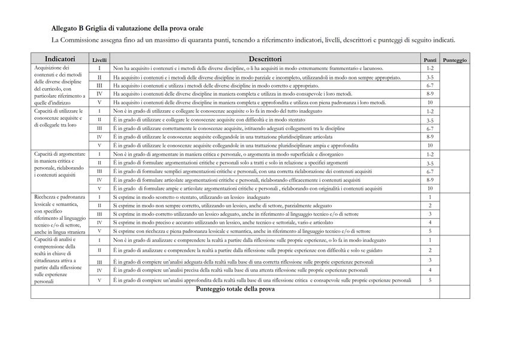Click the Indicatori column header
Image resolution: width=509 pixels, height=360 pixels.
59,59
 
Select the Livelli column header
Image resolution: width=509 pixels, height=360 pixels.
99,60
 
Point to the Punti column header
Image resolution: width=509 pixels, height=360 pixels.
430,60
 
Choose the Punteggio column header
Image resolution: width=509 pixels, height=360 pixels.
455,60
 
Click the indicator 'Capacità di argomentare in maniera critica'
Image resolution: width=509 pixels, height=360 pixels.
59,162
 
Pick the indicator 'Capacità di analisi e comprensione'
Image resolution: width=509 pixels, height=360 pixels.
59,260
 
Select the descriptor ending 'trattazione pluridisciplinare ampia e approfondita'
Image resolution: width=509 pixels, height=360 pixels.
235,146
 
